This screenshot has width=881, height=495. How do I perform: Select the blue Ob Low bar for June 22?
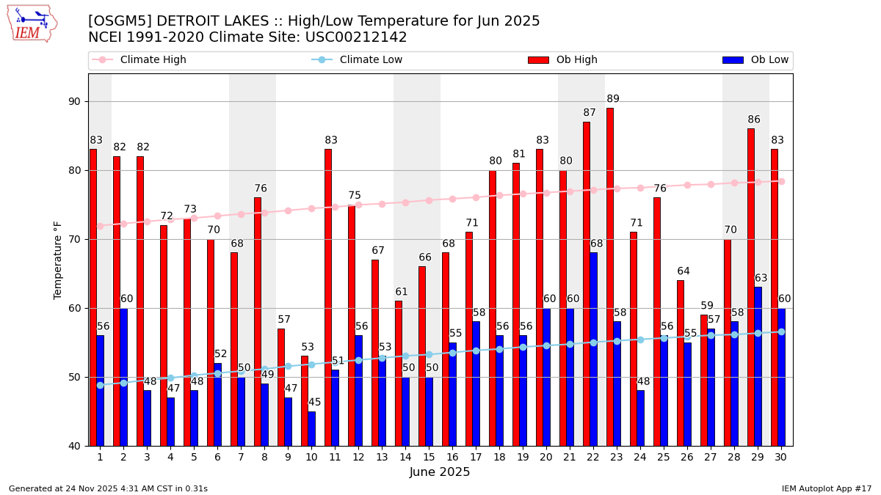[x=593, y=349]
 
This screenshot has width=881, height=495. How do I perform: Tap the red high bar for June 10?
[x=305, y=400]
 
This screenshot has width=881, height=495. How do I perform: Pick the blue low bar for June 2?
[x=123, y=377]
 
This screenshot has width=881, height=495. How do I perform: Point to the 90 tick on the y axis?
[x=73, y=101]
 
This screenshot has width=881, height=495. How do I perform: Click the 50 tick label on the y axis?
[x=73, y=377]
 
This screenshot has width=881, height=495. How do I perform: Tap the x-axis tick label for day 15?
[x=429, y=457]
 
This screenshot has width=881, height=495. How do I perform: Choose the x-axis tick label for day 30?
[x=781, y=457]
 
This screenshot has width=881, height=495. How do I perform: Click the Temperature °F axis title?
[x=58, y=260]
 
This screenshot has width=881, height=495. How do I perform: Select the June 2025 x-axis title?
[x=440, y=472]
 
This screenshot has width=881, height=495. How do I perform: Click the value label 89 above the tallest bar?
[x=613, y=99]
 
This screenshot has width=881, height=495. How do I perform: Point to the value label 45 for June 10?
[x=314, y=403]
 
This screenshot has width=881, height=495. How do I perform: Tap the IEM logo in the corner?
[x=32, y=23]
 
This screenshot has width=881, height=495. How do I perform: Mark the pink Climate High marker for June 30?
[x=781, y=181]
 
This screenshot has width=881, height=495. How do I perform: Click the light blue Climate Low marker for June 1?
[x=100, y=385]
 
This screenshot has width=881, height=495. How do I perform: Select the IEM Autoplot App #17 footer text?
[x=827, y=488]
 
